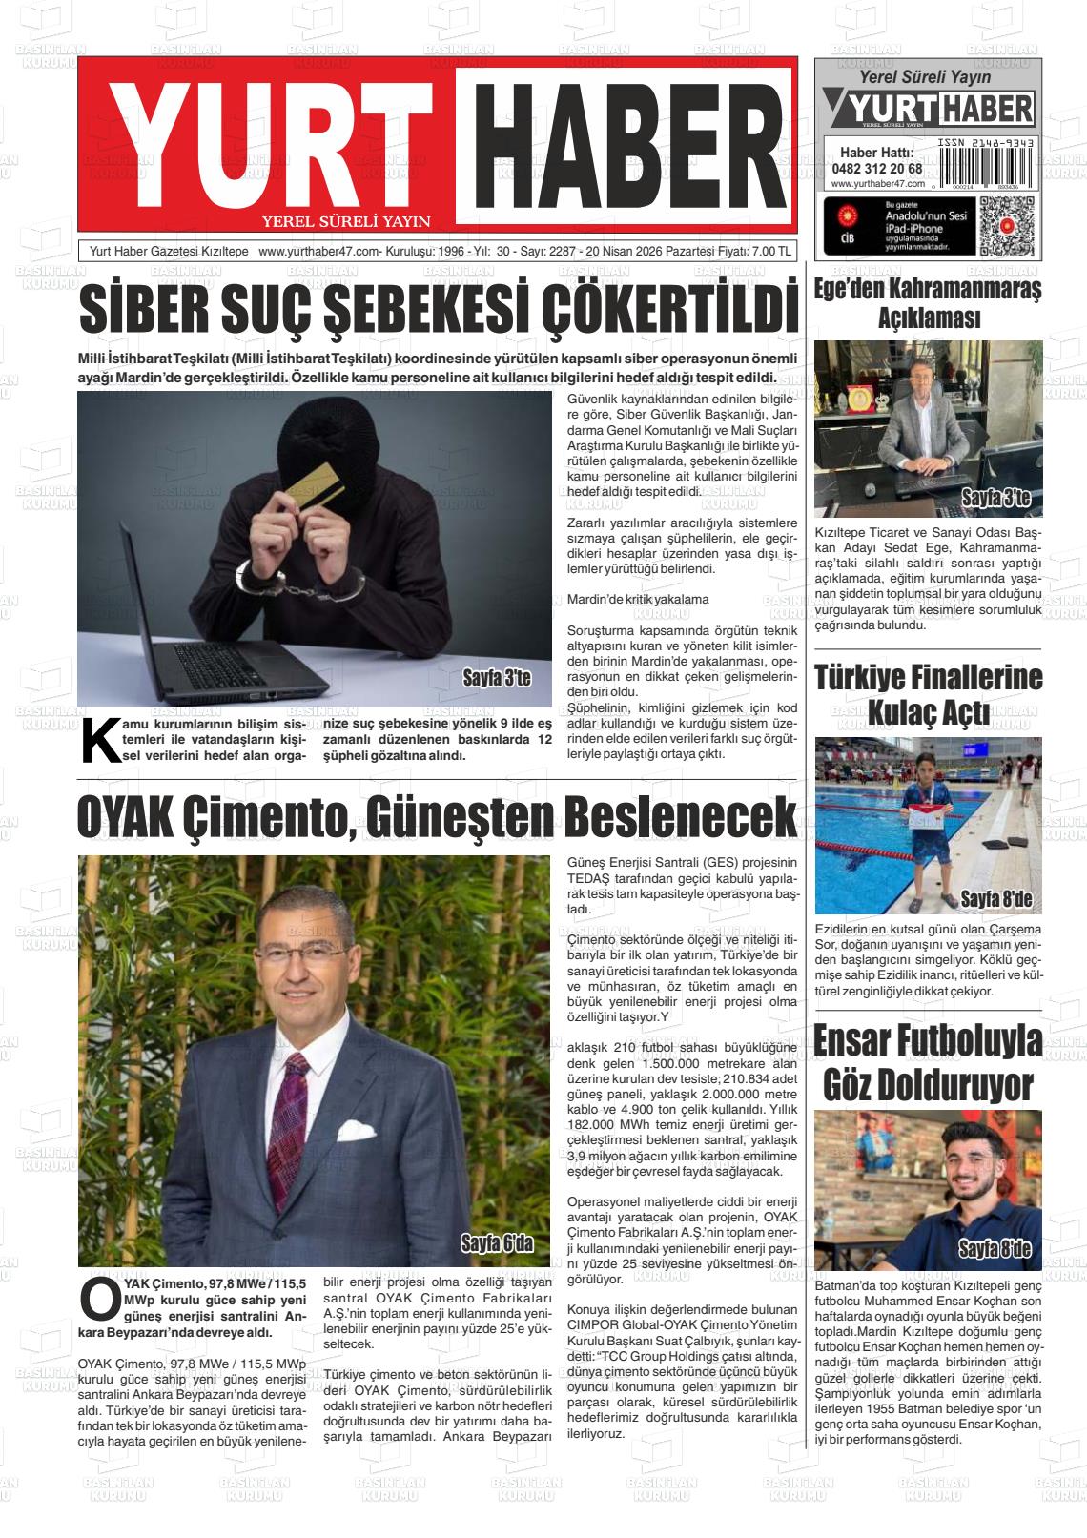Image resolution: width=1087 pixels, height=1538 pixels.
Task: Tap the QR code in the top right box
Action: [x=1006, y=225]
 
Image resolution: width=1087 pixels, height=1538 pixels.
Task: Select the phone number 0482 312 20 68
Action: [x=876, y=169]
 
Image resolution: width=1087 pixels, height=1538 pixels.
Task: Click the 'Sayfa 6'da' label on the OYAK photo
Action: [x=496, y=1242]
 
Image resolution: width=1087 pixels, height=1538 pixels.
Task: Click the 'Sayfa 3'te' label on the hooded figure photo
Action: [x=496, y=680]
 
